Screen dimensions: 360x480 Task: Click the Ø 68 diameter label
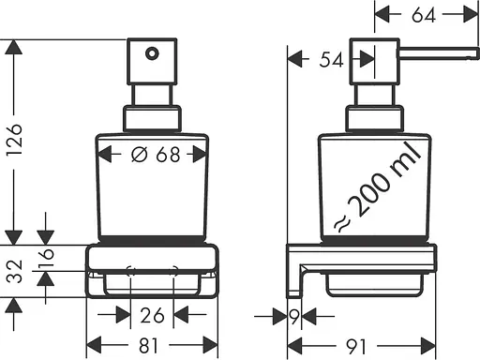pyautogui.click(x=153, y=156)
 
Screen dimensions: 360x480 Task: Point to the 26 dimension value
pyautogui.click(x=153, y=316)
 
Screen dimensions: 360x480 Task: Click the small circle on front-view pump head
pyautogui.click(x=148, y=55)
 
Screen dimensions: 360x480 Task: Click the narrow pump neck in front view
pyautogui.click(x=152, y=95)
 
